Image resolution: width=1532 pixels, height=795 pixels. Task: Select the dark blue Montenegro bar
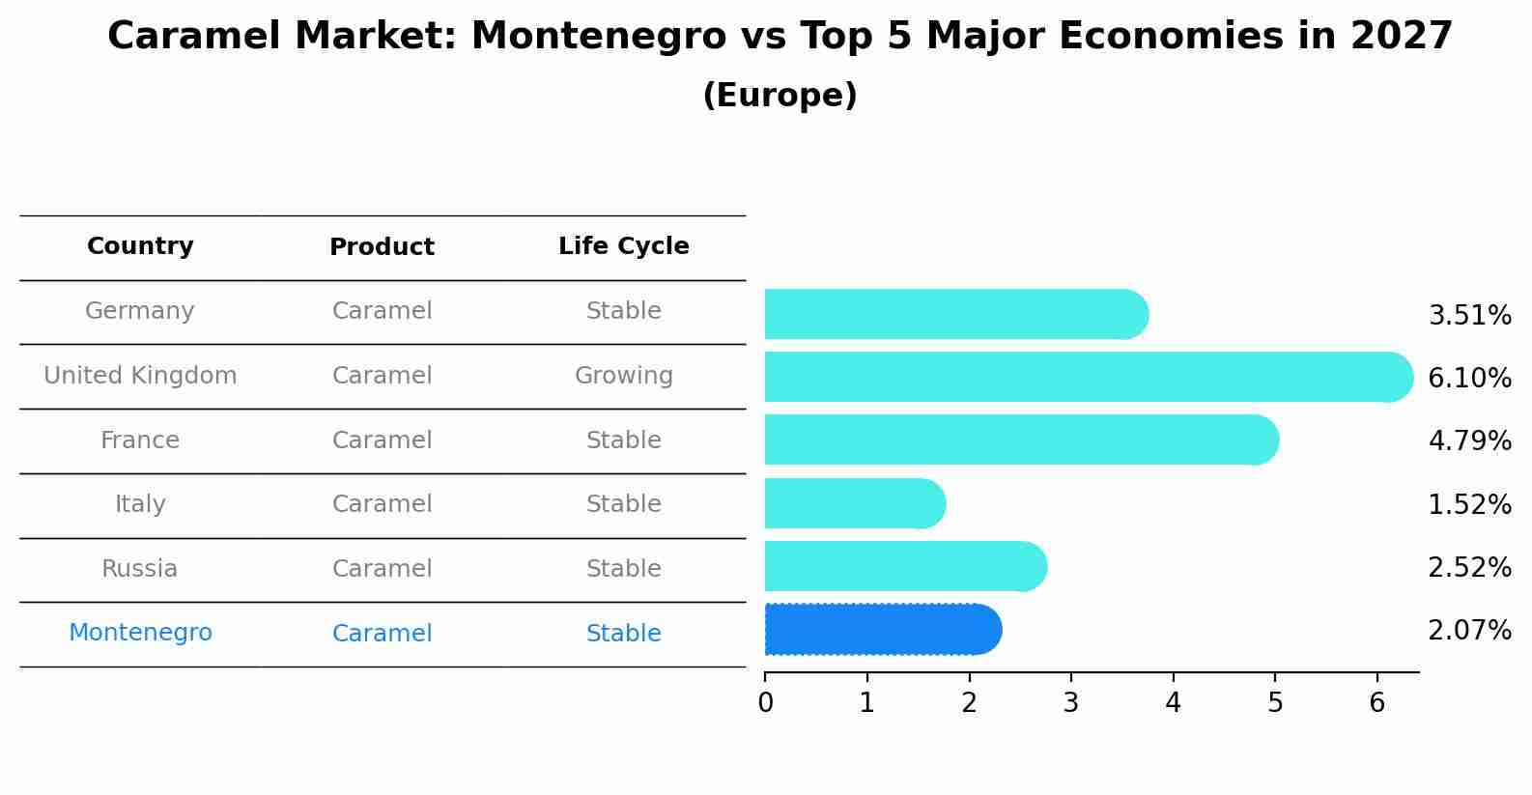(x=882, y=630)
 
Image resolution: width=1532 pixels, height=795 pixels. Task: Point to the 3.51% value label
(x=1469, y=316)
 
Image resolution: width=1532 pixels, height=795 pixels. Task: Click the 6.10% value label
(x=1469, y=378)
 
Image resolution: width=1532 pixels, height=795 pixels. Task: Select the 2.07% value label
(x=1469, y=631)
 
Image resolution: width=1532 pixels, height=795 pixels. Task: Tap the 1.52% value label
(x=1469, y=504)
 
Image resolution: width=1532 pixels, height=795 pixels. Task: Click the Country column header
(x=140, y=246)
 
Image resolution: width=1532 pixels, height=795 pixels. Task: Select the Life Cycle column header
(x=623, y=246)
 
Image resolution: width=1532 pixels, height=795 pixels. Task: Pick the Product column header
(x=382, y=247)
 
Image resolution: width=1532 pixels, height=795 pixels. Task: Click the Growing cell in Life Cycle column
(x=623, y=376)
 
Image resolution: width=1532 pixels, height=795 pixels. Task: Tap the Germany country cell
(x=140, y=311)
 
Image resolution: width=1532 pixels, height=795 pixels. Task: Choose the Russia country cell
(x=140, y=569)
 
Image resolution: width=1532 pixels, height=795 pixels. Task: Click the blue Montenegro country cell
(x=140, y=633)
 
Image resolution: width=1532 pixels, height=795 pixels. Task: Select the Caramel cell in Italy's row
(x=382, y=504)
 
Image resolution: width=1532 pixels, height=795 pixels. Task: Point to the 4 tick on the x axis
(x=1173, y=703)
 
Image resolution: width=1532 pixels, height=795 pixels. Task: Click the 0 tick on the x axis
(x=765, y=703)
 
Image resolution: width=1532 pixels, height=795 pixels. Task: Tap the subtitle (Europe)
(x=780, y=96)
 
